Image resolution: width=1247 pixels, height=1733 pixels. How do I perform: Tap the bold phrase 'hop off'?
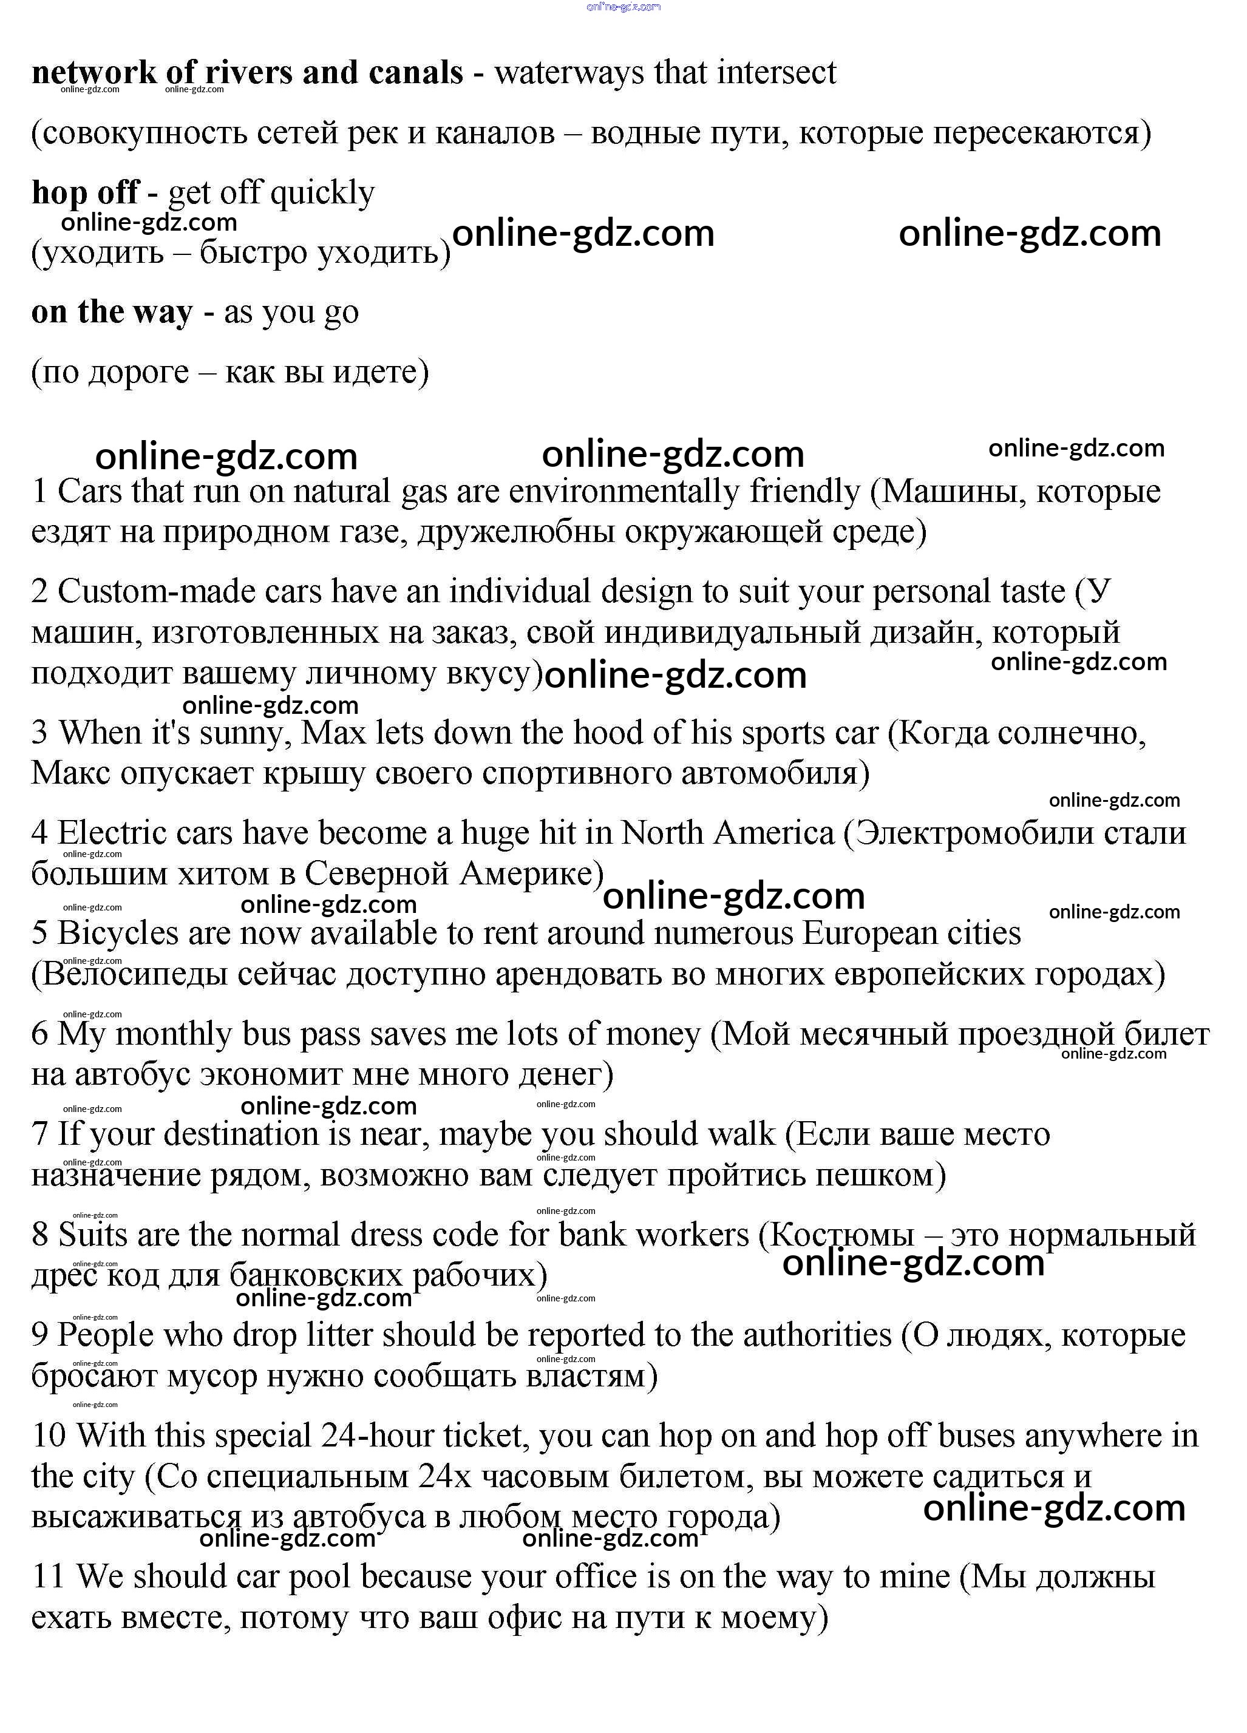[85, 192]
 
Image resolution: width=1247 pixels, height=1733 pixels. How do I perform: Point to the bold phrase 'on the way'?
[112, 312]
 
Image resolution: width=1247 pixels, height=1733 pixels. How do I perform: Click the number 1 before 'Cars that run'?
[39, 491]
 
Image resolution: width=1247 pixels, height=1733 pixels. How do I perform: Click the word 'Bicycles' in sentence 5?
[118, 934]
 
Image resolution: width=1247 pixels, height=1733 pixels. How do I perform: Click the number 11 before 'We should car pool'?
[47, 1577]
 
